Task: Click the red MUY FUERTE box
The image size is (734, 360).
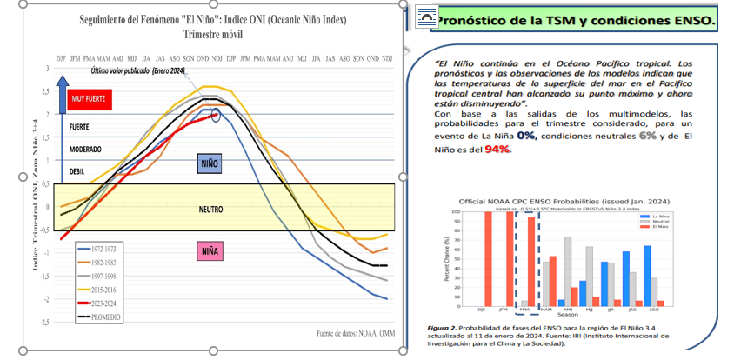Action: [90, 99]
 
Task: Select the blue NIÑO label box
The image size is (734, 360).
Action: [210, 163]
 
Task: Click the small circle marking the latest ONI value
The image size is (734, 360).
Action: [217, 115]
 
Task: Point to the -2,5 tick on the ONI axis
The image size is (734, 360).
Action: [43, 322]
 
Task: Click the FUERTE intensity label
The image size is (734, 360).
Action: [81, 127]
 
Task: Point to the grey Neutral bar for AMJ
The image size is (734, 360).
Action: [568, 270]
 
